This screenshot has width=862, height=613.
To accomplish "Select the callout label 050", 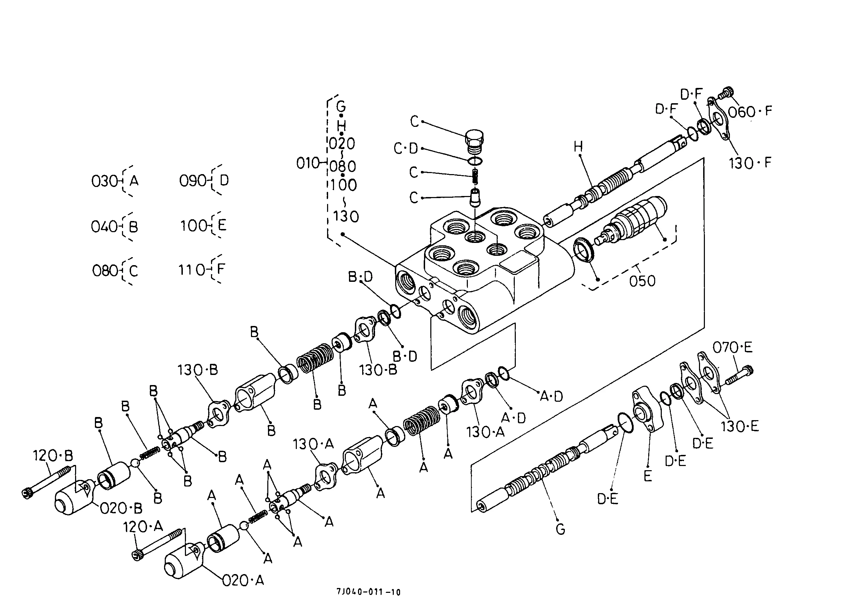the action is click(642, 281).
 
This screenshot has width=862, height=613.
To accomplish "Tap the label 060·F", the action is click(750, 112).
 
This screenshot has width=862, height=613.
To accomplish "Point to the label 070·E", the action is click(732, 347).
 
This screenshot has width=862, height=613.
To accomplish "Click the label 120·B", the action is click(53, 456).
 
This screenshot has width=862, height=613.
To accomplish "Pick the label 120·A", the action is click(143, 526).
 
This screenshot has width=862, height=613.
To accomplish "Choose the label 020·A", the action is click(243, 581).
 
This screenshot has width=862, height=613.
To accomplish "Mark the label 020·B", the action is click(121, 508).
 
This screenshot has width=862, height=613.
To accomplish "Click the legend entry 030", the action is click(105, 181).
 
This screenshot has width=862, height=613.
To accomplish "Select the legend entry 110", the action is click(192, 270).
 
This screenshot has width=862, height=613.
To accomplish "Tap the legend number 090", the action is click(193, 181).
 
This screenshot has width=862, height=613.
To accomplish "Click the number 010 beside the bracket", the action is click(308, 163).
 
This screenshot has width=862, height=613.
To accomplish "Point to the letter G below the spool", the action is click(560, 529).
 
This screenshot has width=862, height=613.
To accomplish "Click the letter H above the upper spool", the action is click(578, 146).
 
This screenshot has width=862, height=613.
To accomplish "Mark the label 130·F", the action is click(750, 163).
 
